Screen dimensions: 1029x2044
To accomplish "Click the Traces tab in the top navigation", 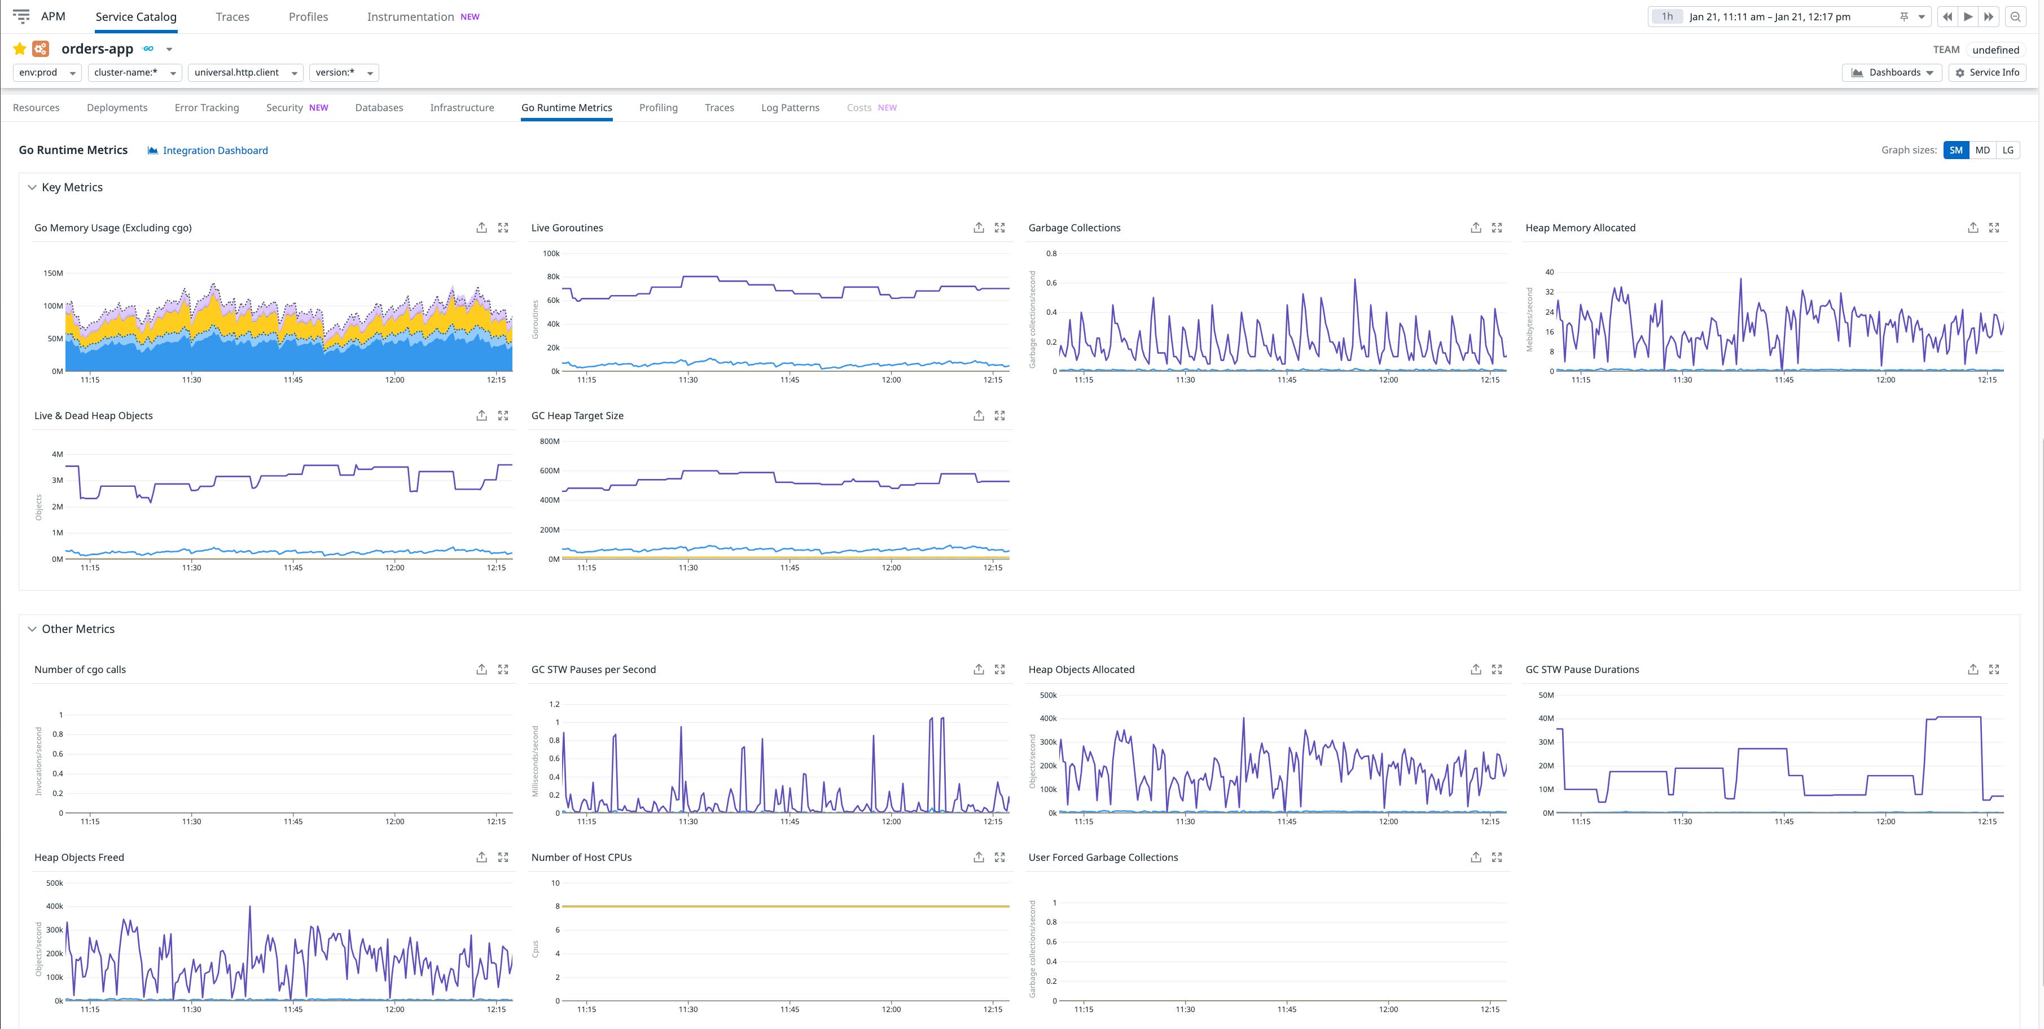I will [233, 17].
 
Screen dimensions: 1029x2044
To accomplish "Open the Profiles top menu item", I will [308, 17].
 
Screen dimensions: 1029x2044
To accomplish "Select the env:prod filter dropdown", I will [47, 73].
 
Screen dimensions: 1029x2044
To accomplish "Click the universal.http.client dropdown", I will [245, 73].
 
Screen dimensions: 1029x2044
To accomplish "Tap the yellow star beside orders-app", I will [20, 49].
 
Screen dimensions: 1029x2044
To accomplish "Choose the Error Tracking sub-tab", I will [207, 108].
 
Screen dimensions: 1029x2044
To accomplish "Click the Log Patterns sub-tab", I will [789, 108].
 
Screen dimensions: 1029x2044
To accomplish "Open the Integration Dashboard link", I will [215, 151].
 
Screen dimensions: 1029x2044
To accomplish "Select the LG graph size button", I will [2007, 151].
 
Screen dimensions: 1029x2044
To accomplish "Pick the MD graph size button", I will [1982, 151].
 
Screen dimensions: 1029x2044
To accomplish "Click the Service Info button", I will [1987, 73].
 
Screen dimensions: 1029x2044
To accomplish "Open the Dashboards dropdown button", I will [1892, 73].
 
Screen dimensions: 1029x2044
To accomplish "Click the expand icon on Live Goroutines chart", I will [1000, 228].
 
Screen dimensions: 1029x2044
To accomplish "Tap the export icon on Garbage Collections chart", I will [1476, 228].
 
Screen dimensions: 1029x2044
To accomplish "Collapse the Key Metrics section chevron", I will [32, 188].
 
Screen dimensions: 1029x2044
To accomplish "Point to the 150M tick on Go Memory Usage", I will [53, 273].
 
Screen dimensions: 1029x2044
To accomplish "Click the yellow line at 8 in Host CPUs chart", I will [786, 906].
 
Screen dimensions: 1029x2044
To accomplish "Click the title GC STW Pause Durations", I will [1581, 670].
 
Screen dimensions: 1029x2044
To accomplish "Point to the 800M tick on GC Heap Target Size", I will [549, 441].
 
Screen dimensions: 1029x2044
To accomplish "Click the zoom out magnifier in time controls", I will [2015, 17].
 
